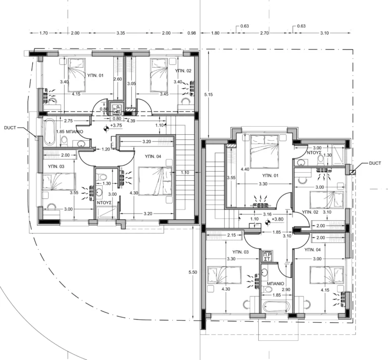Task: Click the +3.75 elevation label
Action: (117, 126)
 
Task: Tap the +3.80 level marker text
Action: (277, 220)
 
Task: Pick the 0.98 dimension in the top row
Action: (191, 33)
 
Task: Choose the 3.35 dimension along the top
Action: (120, 33)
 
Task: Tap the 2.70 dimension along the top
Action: (264, 33)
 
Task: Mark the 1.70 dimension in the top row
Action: (43, 33)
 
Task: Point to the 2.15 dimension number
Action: (232, 235)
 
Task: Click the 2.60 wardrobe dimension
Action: (117, 79)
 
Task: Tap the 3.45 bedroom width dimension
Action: (164, 94)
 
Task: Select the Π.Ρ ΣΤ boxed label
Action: (268, 256)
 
